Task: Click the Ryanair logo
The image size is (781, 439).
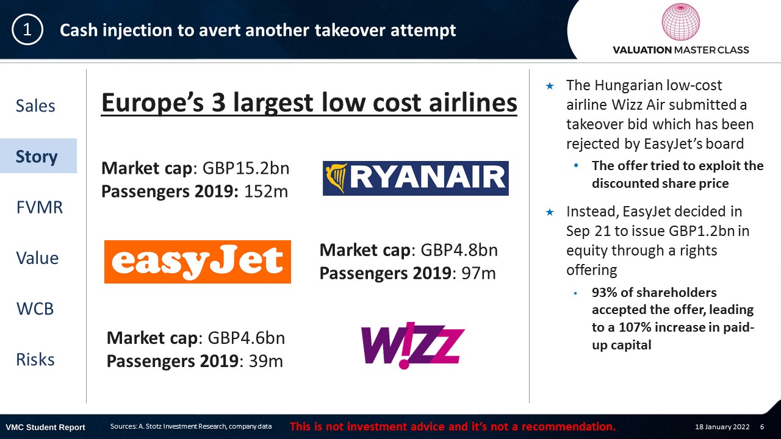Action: point(416,178)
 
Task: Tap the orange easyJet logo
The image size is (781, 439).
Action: point(197,262)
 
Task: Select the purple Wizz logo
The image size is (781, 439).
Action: point(413,345)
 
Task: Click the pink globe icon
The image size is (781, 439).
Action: point(680,21)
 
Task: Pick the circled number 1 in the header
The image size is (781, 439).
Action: point(27,30)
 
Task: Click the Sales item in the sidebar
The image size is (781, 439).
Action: point(35,105)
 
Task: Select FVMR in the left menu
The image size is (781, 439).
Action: point(40,207)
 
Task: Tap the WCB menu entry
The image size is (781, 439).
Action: point(35,309)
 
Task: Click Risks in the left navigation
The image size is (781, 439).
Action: point(35,359)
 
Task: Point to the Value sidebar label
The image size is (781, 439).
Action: point(37,258)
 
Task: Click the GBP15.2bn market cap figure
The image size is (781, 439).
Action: point(246,168)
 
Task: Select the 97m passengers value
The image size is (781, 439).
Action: point(478,273)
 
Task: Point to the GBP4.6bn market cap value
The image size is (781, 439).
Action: point(246,338)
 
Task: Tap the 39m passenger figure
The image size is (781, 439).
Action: point(265,361)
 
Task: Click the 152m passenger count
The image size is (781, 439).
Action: point(266,191)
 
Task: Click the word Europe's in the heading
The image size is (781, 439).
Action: point(153,102)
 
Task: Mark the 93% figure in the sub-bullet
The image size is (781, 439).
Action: point(604,292)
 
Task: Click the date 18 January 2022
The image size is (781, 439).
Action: point(722,427)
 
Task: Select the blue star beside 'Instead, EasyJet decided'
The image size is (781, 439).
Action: point(550,212)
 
